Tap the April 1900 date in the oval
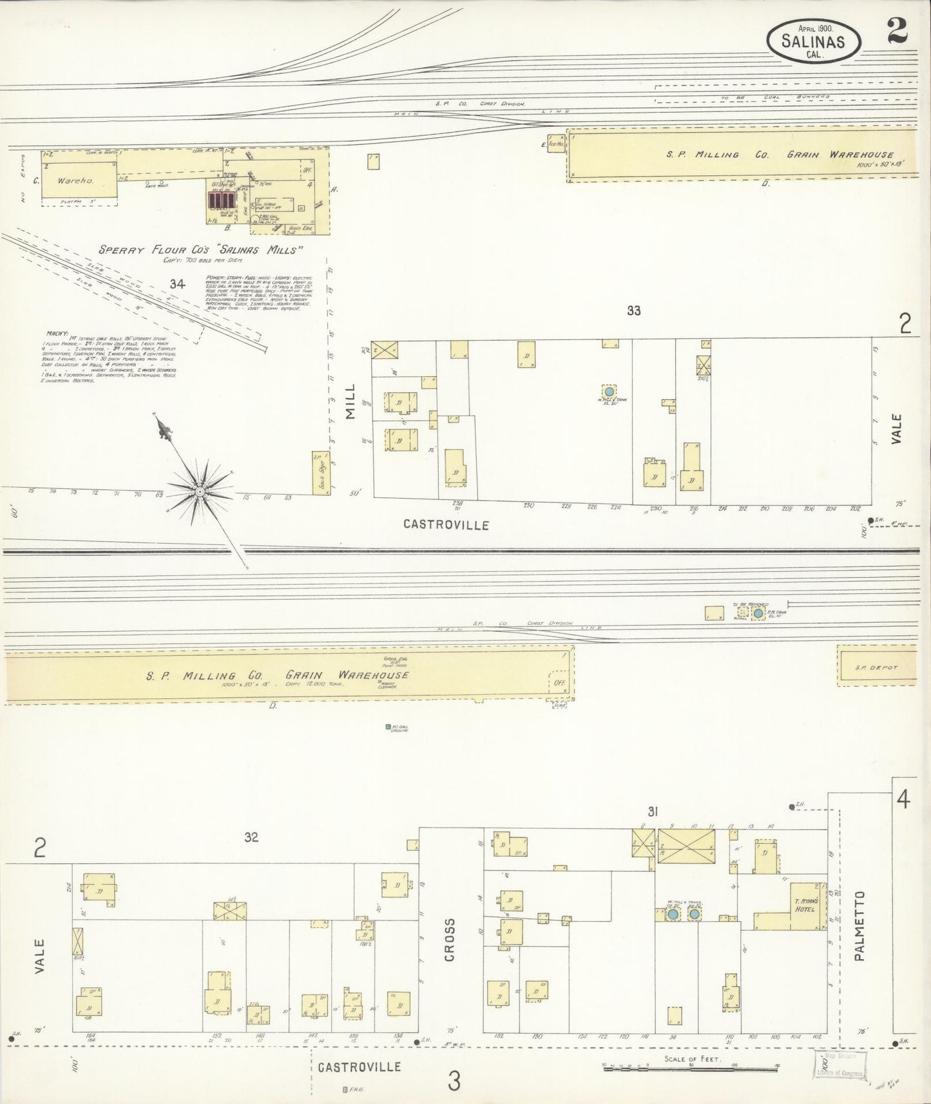(x=816, y=28)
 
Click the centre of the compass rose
(x=200, y=491)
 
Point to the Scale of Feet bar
(x=691, y=1067)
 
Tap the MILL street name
(x=350, y=408)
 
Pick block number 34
(x=178, y=283)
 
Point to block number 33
(x=634, y=310)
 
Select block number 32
(x=251, y=837)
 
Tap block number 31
(x=652, y=813)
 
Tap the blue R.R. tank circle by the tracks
(x=758, y=614)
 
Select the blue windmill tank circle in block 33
(x=608, y=391)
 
